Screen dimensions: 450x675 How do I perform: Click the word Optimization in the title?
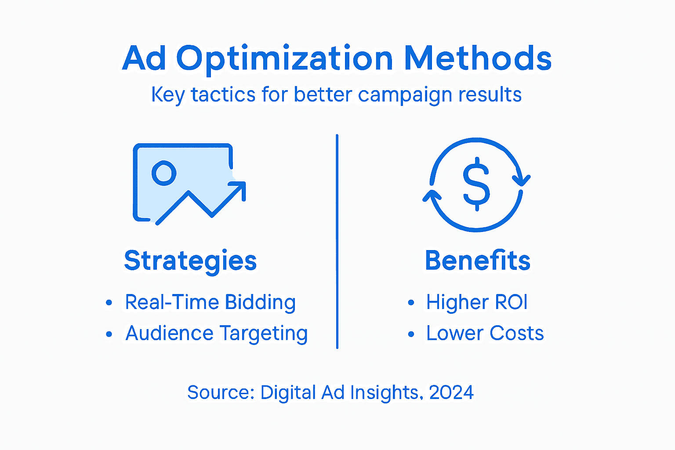tap(285, 59)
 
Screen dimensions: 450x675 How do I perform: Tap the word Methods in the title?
tap(478, 58)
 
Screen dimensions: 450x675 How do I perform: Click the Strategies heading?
tap(190, 261)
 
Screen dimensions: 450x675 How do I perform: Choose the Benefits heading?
tap(478, 261)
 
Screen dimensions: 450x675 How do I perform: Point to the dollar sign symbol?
tap(476, 184)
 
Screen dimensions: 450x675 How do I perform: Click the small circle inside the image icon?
tap(164, 173)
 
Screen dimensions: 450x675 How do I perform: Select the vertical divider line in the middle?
tap(337, 242)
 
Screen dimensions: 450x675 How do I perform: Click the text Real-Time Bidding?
tap(210, 302)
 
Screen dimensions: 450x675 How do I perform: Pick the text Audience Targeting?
tap(216, 334)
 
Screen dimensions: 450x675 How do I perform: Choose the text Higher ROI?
tap(477, 302)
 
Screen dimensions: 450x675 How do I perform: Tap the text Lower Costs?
tap(485, 334)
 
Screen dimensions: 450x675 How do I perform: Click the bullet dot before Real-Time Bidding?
tap(109, 303)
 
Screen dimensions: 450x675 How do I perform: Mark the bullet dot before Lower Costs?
tap(411, 334)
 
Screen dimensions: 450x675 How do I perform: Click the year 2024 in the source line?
tap(451, 392)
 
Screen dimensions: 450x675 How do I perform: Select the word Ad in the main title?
tap(144, 59)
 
